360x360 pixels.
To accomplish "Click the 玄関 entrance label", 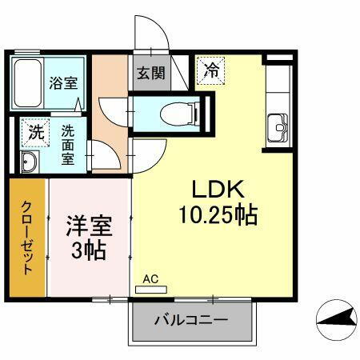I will click(x=150, y=73).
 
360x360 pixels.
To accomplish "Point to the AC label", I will click(x=150, y=279).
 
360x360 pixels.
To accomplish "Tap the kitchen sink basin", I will click(x=279, y=126).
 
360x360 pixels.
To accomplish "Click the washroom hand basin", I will click(x=28, y=162).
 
